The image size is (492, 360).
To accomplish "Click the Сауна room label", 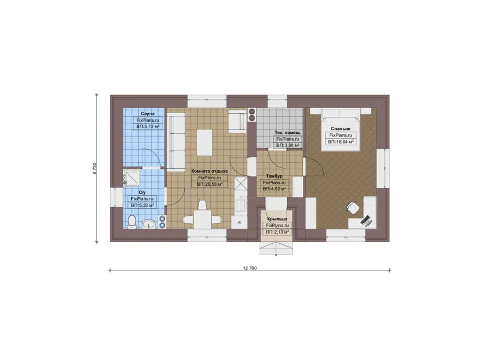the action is point(148,114).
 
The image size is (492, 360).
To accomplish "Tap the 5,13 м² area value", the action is point(151,127).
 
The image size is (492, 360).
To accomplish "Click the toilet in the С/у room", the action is point(132,221).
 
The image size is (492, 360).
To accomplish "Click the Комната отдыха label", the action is point(209,171).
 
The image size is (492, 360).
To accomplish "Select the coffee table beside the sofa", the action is point(204,143).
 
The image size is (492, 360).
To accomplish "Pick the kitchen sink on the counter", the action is point(241,205).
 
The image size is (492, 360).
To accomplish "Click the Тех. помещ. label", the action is point(288,133).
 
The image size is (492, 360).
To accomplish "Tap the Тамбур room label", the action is point(274,176).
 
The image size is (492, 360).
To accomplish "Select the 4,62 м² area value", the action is point(278,189).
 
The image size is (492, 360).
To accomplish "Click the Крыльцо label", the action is point(277,219).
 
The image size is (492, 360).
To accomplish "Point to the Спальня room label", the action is point(341,128).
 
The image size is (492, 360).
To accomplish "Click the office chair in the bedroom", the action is point(354,208).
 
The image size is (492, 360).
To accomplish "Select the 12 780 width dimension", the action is point(250,268).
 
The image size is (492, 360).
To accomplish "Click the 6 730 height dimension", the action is point(95,168).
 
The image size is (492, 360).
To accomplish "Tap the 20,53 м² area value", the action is point(213,185).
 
